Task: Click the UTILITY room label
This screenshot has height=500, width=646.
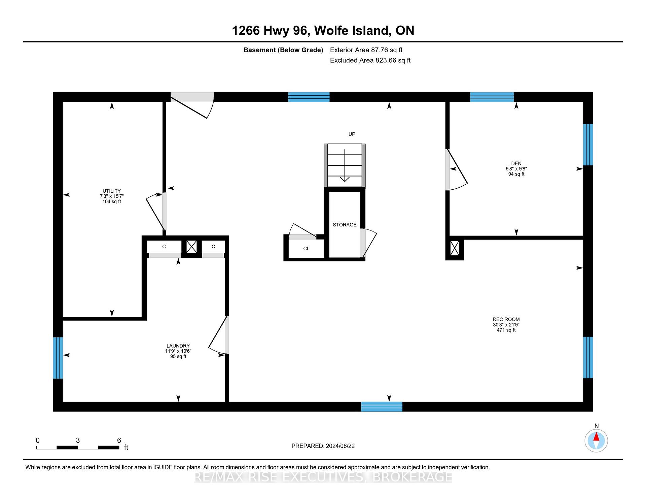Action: click(x=112, y=191)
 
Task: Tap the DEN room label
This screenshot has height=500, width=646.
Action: click(x=516, y=163)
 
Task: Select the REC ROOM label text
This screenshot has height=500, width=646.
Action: click(x=506, y=319)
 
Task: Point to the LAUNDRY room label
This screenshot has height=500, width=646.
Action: click(x=178, y=346)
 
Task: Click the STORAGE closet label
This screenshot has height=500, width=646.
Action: click(x=345, y=225)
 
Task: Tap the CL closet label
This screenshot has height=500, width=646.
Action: click(x=306, y=249)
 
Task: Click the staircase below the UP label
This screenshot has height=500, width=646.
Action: click(x=345, y=165)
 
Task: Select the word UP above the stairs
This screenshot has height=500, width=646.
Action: click(x=352, y=134)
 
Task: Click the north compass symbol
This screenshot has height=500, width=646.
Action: click(x=596, y=440)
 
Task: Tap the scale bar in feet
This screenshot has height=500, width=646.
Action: click(x=78, y=447)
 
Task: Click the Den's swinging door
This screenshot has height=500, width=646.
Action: click(x=456, y=170)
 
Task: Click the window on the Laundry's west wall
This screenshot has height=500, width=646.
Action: click(x=58, y=358)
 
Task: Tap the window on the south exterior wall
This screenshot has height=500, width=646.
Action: click(x=382, y=407)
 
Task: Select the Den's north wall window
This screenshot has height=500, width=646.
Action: click(x=492, y=97)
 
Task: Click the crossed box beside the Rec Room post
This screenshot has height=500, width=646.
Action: click(x=455, y=248)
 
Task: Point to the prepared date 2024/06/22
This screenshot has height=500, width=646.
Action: click(x=340, y=446)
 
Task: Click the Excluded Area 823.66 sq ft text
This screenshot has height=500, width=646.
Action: click(x=370, y=60)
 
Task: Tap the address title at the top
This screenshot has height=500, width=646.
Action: click(x=323, y=30)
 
